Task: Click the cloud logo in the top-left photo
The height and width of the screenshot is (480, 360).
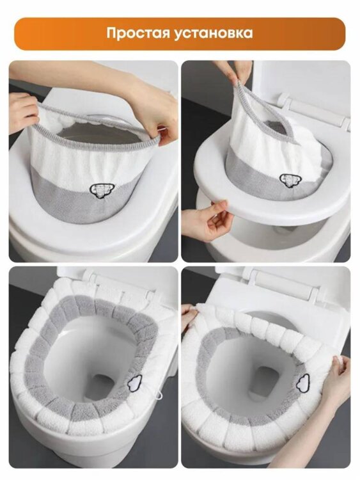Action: click(x=102, y=190)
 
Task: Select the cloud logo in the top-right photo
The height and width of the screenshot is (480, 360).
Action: click(x=288, y=180)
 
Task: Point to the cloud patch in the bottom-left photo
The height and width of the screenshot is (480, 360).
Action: click(x=135, y=383)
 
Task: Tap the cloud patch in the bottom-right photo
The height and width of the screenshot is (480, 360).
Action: click(x=304, y=383)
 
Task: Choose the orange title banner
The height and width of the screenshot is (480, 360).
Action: click(x=180, y=34)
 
